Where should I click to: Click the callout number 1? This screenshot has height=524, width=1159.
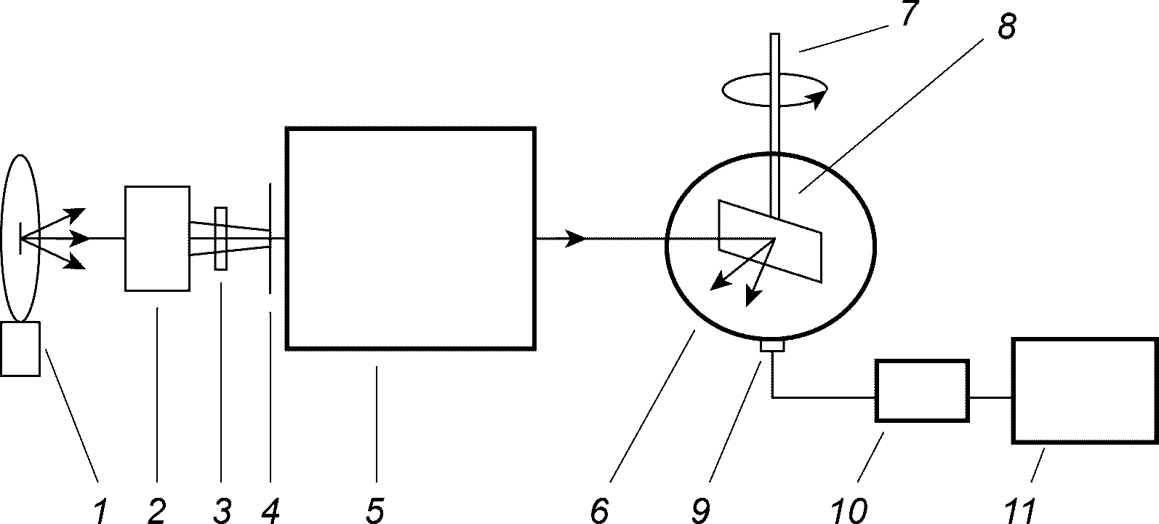click(101, 511)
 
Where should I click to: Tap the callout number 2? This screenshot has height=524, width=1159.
click(156, 511)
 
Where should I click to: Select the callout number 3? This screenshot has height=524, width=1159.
click(222, 511)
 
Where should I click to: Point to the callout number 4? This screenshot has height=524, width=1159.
click(270, 511)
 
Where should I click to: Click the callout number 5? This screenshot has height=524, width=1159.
click(374, 511)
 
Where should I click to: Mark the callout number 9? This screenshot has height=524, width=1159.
click(699, 511)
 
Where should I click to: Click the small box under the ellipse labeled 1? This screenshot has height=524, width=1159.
click(20, 349)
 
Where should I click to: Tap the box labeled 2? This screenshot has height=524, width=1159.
click(158, 238)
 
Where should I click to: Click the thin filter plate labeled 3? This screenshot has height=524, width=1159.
click(221, 239)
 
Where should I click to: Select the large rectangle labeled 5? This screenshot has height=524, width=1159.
click(412, 239)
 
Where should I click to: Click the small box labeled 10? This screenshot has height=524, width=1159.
click(922, 390)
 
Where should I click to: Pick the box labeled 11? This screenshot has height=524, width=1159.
click(1084, 389)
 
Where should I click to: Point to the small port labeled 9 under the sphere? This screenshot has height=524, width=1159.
click(771, 346)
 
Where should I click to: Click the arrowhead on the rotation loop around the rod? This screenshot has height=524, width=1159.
click(819, 100)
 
